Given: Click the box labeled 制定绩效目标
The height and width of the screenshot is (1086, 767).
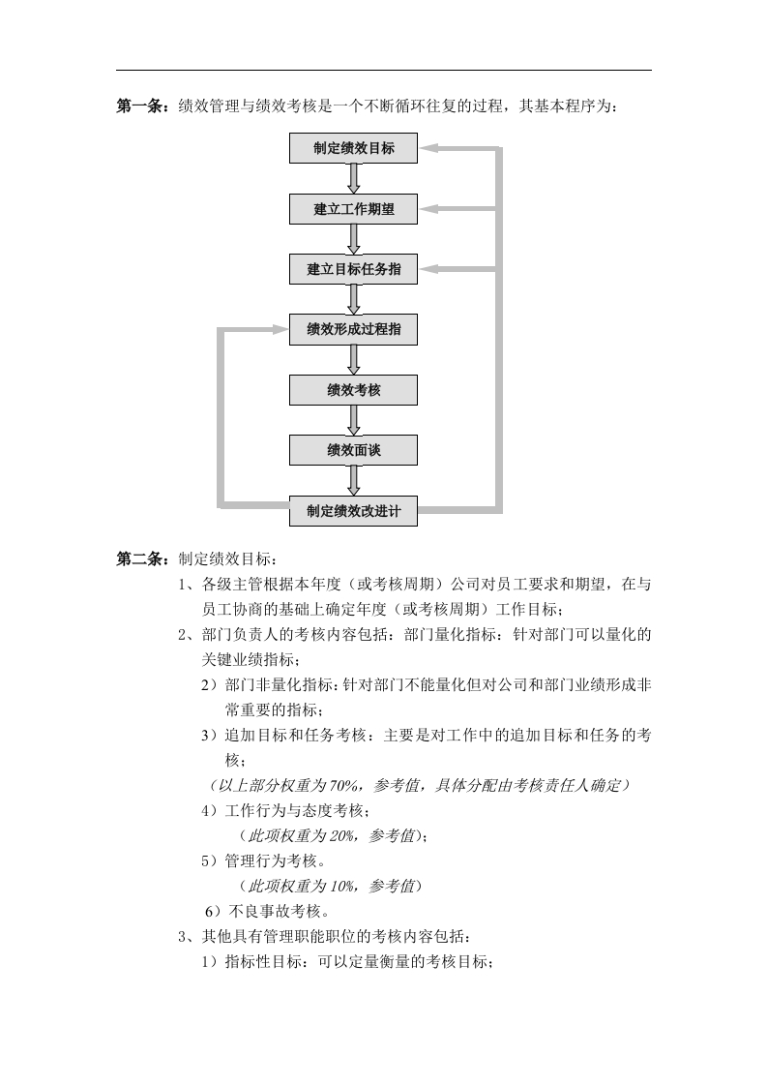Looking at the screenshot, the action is [x=353, y=148].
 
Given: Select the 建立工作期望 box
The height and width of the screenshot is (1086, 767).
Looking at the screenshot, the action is [x=353, y=208].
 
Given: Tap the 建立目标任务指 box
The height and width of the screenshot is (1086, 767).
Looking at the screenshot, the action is [x=353, y=269].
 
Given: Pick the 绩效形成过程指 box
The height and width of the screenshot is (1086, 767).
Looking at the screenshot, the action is [x=353, y=329].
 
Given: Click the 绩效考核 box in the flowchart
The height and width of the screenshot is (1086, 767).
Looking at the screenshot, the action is [x=353, y=390].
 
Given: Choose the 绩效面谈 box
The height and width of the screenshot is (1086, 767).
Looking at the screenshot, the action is [x=353, y=450].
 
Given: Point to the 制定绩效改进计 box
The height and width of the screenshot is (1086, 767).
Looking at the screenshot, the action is [x=353, y=511].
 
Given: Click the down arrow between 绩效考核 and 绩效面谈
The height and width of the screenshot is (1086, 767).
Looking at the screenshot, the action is [x=354, y=420].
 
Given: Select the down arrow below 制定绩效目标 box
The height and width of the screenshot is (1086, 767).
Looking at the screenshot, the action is [x=354, y=179].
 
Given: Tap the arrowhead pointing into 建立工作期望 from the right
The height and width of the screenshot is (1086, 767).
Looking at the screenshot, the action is [x=428, y=208].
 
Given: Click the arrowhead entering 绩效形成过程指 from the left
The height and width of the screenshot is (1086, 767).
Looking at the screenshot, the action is [x=280, y=329].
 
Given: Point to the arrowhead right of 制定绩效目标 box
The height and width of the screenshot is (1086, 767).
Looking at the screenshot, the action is [x=428, y=148].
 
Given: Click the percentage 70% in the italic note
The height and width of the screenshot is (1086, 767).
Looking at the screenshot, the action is [x=343, y=785].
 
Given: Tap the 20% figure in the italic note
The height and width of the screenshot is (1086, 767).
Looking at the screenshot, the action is [x=341, y=836].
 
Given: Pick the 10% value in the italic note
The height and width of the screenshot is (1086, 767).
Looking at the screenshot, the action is [x=341, y=886].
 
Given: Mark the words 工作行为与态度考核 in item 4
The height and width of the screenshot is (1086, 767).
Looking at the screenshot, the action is [x=293, y=810].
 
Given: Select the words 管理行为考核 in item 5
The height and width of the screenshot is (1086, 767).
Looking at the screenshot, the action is [x=271, y=860].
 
